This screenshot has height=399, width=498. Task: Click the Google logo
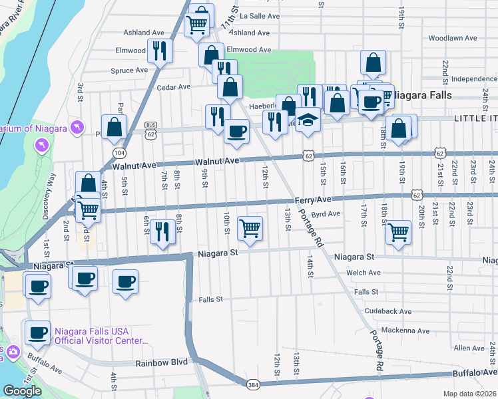click(x=22, y=390)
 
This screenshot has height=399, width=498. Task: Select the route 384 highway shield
click(x=253, y=384)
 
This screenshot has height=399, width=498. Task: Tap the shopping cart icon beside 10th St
click(x=250, y=228)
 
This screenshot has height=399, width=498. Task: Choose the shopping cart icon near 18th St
click(x=398, y=232)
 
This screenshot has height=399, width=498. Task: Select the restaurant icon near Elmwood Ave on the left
click(x=159, y=51)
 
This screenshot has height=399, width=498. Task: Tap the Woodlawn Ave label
click(x=451, y=38)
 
